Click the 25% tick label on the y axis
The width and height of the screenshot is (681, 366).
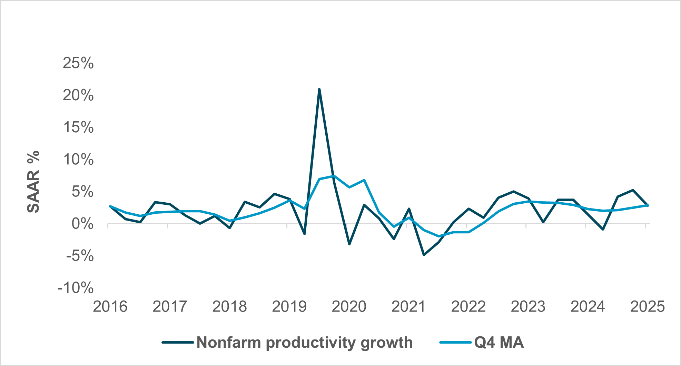[78, 63]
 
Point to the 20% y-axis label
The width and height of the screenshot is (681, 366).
[78, 95]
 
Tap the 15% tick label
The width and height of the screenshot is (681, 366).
[78, 127]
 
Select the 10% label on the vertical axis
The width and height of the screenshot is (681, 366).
[78, 160]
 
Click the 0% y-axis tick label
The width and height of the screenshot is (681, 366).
[82, 224]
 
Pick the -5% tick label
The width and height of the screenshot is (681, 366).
[79, 256]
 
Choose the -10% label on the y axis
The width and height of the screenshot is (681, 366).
[75, 288]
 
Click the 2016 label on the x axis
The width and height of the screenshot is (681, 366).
[110, 306]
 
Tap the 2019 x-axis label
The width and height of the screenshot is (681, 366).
[289, 306]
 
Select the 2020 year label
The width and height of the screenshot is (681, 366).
[349, 306]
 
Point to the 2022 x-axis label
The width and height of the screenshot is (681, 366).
[468, 306]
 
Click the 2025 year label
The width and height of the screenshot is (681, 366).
[647, 306]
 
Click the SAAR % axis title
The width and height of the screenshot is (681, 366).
[33, 182]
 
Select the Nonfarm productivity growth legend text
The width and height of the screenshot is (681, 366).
[304, 343]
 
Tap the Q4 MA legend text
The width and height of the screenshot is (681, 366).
[499, 343]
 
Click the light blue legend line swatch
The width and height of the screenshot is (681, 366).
[455, 343]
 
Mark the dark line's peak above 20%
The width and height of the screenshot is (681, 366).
[319, 89]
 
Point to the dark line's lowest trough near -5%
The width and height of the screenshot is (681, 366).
[424, 255]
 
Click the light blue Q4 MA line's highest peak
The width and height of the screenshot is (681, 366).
[334, 176]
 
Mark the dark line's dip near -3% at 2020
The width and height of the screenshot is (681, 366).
[349, 244]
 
